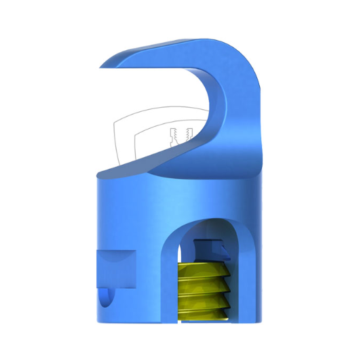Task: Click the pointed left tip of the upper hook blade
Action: pyautogui.click(x=101, y=66)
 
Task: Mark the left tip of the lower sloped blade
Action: pyautogui.click(x=97, y=174)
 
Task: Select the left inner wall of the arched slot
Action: pyautogui.click(x=167, y=271)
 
